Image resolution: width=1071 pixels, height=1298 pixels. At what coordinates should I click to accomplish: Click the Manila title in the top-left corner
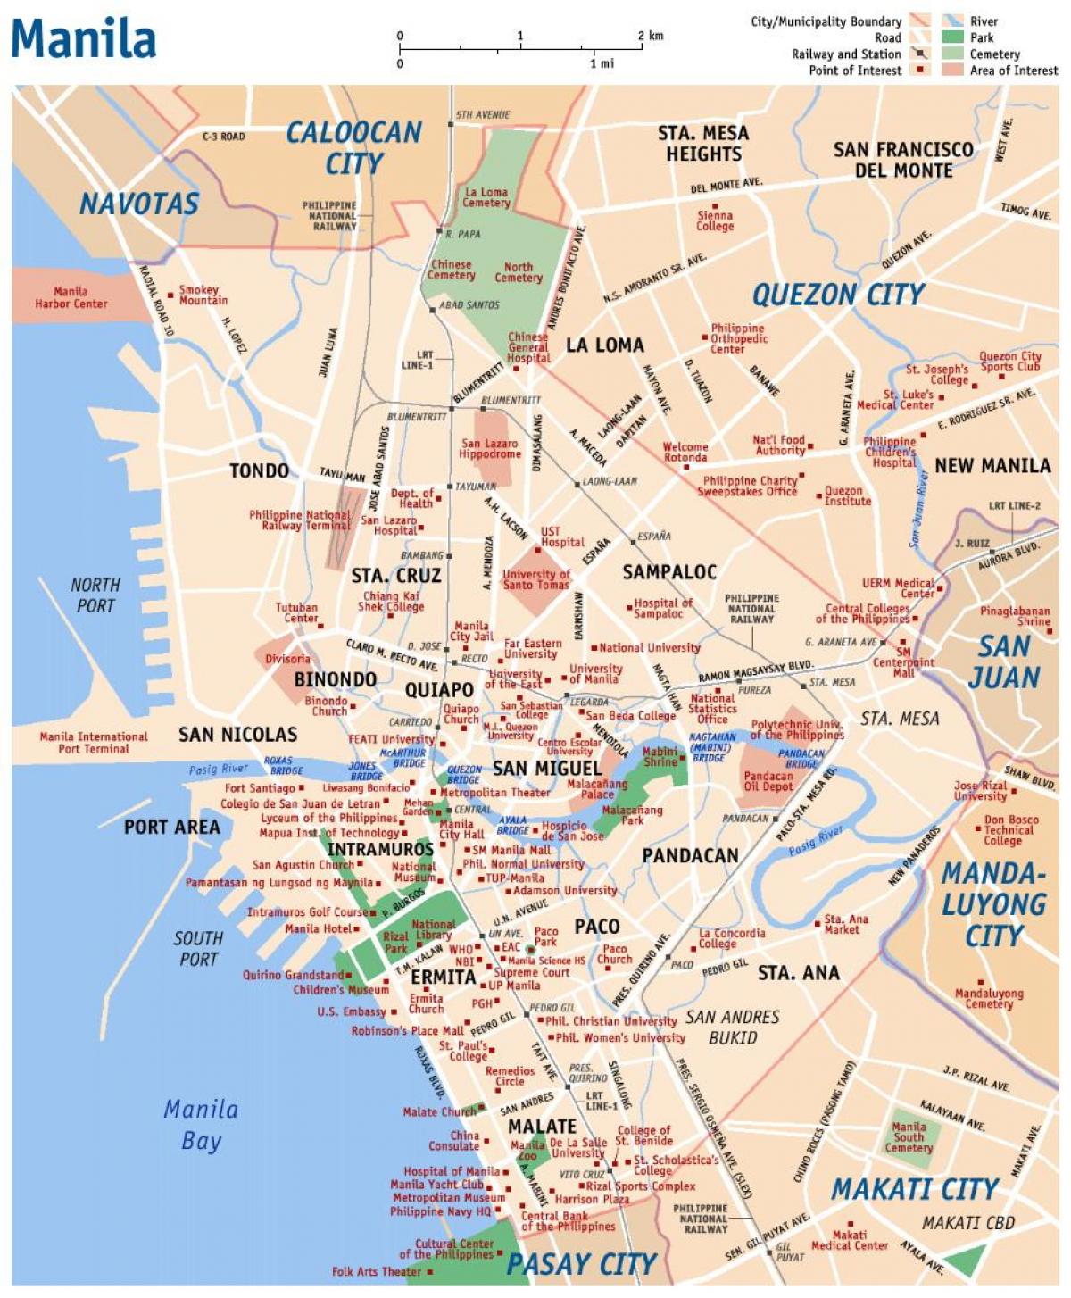(83, 38)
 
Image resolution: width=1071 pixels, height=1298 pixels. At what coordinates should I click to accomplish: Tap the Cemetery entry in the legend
(994, 54)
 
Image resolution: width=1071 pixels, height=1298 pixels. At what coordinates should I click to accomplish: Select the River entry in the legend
(984, 21)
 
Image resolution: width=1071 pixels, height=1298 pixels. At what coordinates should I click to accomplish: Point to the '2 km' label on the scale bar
(651, 36)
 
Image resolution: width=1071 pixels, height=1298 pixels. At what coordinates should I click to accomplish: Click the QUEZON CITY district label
(838, 295)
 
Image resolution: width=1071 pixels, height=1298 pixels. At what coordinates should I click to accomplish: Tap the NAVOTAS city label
(139, 204)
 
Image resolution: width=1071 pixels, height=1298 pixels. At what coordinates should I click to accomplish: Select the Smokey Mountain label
(203, 295)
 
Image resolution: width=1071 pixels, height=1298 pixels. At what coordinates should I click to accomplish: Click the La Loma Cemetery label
(486, 197)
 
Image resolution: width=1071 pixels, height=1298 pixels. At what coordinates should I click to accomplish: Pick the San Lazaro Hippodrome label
(490, 449)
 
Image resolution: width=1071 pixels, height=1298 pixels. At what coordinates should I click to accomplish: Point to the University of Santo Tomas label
(535, 579)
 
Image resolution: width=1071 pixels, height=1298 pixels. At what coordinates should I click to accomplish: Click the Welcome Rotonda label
(685, 453)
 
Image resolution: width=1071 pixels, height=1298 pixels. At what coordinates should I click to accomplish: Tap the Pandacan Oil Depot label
(768, 781)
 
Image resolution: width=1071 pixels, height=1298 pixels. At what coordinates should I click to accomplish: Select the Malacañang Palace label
(597, 789)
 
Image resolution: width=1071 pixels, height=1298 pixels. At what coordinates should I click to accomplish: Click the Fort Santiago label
(260, 788)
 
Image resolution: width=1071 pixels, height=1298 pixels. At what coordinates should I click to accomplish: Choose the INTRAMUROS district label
(380, 849)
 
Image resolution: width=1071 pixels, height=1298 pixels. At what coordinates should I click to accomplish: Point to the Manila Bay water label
(201, 1125)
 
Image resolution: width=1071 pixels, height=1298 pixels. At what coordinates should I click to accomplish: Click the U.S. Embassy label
(352, 1011)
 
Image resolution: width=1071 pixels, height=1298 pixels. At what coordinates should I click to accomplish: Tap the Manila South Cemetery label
(909, 1137)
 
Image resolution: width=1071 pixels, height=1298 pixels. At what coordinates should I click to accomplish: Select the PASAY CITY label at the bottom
(581, 1264)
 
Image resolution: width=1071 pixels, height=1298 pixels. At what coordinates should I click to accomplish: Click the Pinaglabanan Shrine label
(1015, 616)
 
